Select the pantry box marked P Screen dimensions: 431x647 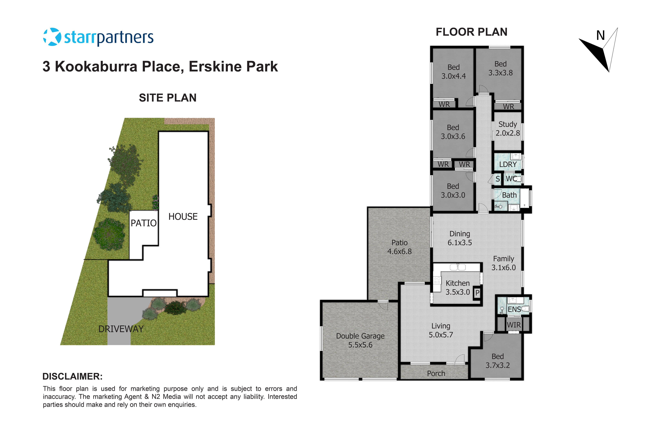click(477, 293)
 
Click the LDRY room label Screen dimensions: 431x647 click(508, 164)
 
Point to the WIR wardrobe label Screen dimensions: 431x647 click(514, 325)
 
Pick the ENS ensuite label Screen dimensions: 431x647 click(514, 309)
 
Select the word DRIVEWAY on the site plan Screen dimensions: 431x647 click(121, 329)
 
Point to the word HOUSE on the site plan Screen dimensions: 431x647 click(183, 217)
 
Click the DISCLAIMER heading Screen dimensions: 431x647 click(72, 376)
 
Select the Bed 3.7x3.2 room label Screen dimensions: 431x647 click(498, 361)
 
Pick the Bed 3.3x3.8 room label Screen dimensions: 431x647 click(500, 68)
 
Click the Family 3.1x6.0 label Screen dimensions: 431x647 click(503, 263)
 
